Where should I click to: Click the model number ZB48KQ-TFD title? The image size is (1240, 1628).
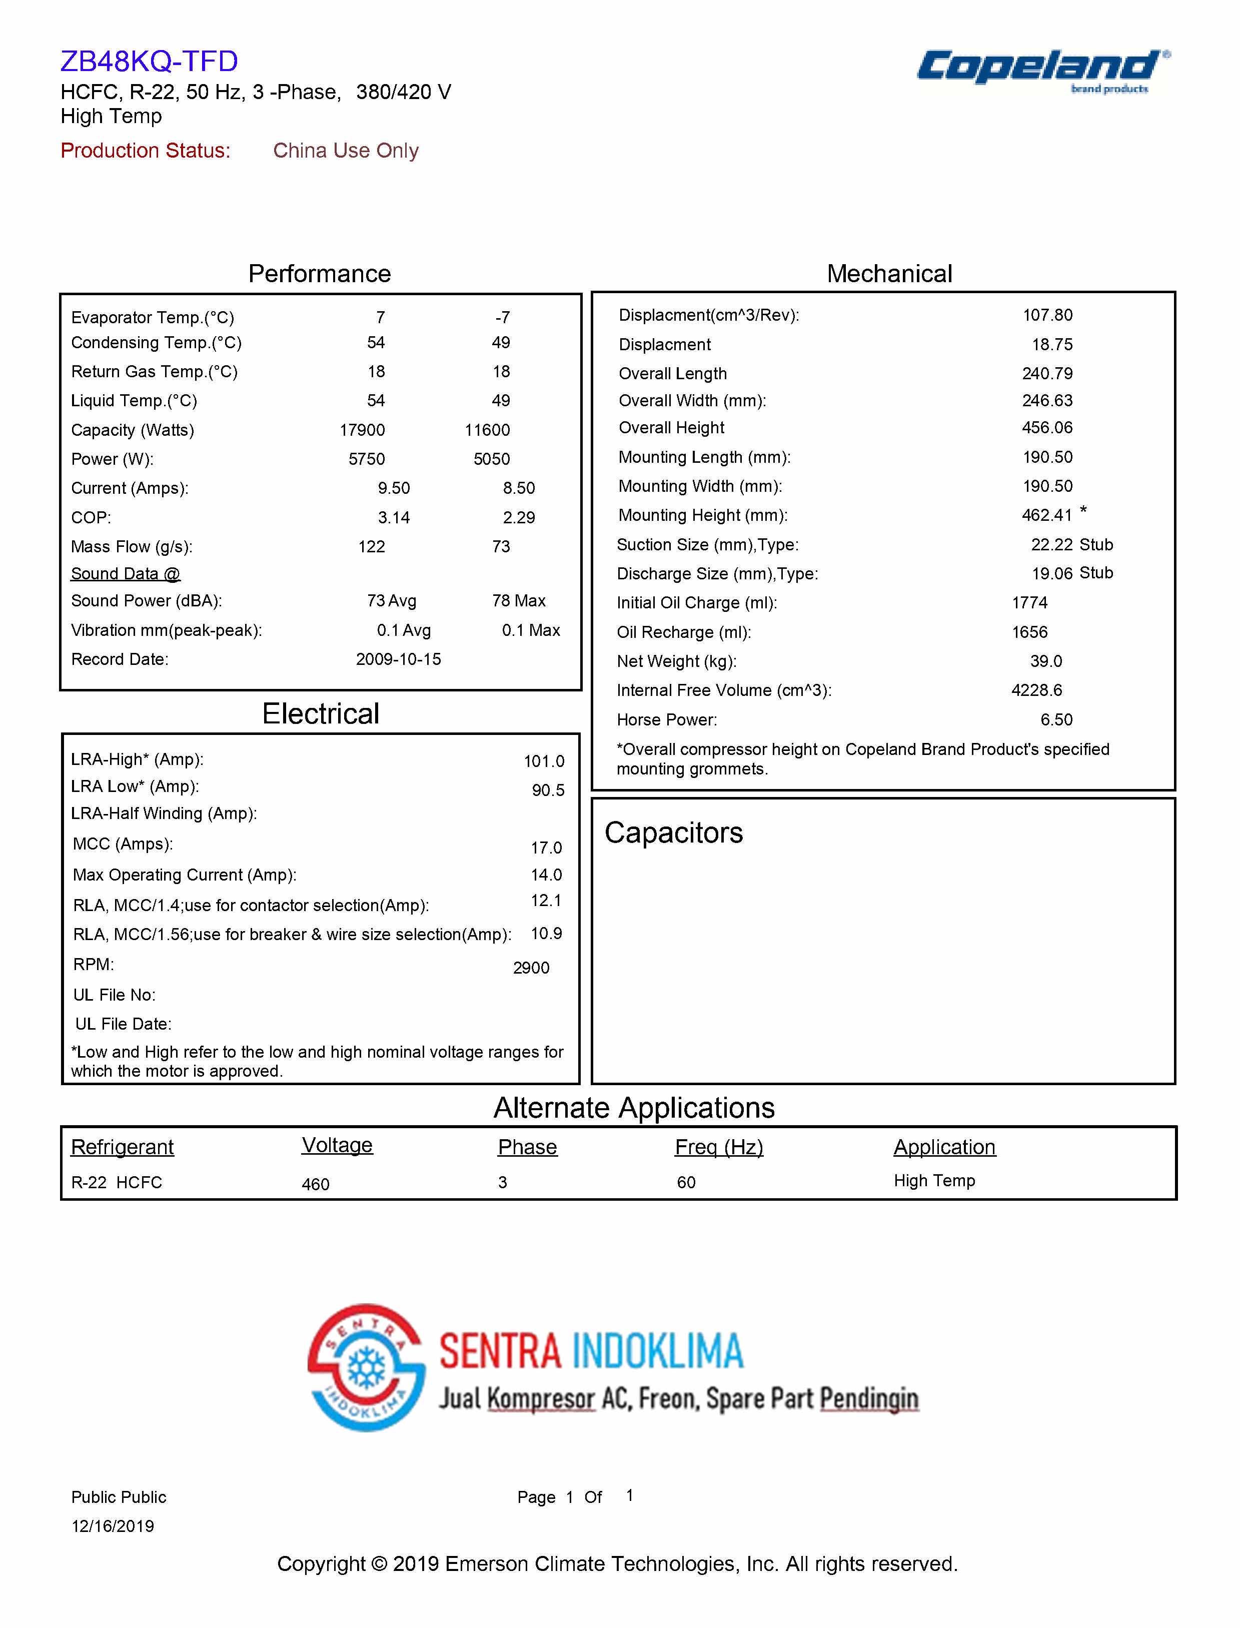click(149, 61)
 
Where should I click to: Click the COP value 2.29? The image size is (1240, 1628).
click(518, 517)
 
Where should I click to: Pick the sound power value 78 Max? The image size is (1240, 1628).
click(518, 601)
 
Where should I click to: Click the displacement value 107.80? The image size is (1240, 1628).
click(1046, 315)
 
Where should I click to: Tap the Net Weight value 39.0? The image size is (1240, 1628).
click(1046, 661)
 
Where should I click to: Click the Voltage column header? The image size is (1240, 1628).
click(337, 1145)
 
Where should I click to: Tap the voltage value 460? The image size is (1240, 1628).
click(315, 1184)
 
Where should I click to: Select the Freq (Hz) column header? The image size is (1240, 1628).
click(718, 1147)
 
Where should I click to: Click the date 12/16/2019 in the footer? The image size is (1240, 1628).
click(112, 1526)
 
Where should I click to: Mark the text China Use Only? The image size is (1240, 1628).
click(346, 151)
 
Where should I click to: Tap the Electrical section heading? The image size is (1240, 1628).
click(320, 714)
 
